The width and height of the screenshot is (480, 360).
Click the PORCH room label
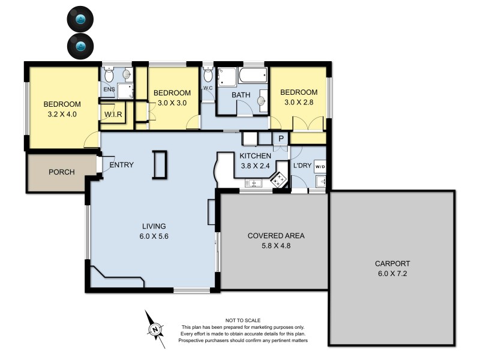61,172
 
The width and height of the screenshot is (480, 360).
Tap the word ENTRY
121,165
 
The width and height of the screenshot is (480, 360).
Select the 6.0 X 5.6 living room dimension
154,236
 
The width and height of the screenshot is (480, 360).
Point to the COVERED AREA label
276,235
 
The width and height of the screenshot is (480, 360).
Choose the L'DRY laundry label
302,166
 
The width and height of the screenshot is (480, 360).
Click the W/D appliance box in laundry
321,167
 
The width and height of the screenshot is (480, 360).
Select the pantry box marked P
280,139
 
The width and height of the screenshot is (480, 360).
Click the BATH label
241,95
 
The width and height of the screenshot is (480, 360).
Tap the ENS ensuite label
109,90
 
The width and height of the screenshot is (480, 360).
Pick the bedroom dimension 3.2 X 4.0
62,113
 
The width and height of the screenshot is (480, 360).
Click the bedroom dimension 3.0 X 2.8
298,102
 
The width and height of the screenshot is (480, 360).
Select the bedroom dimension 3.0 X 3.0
172,103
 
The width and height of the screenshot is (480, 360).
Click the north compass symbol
155,328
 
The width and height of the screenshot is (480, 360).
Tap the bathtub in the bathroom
252,76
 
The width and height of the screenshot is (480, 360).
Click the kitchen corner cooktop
280,179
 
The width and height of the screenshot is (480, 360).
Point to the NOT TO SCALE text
243,321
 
